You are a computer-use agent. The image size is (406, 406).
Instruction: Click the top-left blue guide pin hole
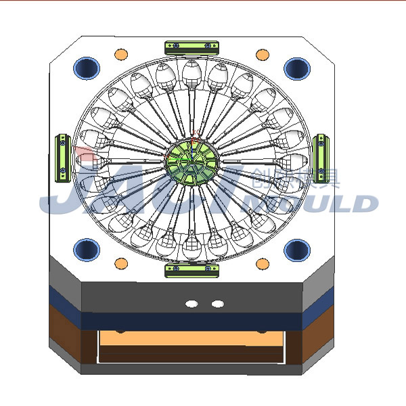pyautogui.click(x=87, y=68)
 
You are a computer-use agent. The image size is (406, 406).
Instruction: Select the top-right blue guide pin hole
pyautogui.click(x=296, y=68)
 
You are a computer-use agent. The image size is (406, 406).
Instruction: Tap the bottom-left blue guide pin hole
pyautogui.click(x=87, y=250)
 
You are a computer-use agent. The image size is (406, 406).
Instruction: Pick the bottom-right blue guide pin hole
pyautogui.click(x=296, y=250)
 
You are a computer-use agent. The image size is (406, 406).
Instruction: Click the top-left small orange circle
pyautogui.click(x=121, y=53)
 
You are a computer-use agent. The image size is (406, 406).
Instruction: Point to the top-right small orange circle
pyautogui.click(x=262, y=53)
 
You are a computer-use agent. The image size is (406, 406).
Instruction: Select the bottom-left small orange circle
pyautogui.click(x=121, y=263)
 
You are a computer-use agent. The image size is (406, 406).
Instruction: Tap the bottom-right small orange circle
pyautogui.click(x=262, y=263)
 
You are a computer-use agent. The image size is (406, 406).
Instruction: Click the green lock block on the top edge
pyautogui.click(x=192, y=46)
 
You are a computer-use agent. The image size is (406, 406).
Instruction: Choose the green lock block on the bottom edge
pyautogui.click(x=192, y=271)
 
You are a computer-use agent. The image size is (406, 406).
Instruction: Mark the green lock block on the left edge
pyautogui.click(x=62, y=158)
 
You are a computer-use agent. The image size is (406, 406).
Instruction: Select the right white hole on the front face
pyautogui.click(x=217, y=304)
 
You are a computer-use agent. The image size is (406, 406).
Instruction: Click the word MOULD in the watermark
pyautogui.click(x=318, y=203)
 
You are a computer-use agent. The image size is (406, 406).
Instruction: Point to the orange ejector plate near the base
pyautogui.click(x=191, y=338)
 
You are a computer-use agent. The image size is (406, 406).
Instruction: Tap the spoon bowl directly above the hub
pyautogui.click(x=191, y=71)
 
